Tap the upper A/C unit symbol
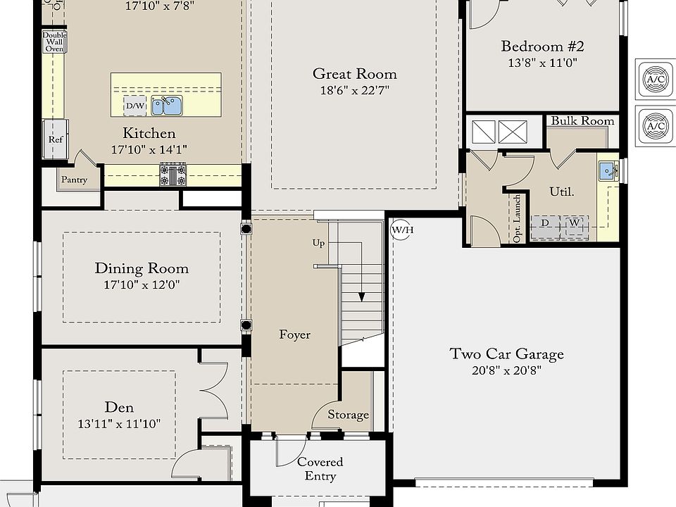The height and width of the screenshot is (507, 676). [655, 80]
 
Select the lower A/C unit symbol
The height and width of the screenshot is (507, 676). [655, 126]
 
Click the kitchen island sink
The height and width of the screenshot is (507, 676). [167, 106]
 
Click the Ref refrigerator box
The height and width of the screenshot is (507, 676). [55, 139]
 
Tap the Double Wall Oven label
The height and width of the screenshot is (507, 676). [54, 42]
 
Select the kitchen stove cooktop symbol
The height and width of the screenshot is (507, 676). [173, 174]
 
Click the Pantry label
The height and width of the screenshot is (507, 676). [74, 180]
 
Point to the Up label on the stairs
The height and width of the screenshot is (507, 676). [319, 243]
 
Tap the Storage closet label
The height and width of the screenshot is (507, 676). [348, 415]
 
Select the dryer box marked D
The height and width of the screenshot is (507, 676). [545, 224]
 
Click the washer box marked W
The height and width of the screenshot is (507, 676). [575, 224]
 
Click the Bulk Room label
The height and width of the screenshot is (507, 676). [582, 121]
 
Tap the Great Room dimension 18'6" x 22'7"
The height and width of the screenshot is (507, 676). [354, 90]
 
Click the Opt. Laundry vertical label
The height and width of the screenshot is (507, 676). [518, 219]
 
